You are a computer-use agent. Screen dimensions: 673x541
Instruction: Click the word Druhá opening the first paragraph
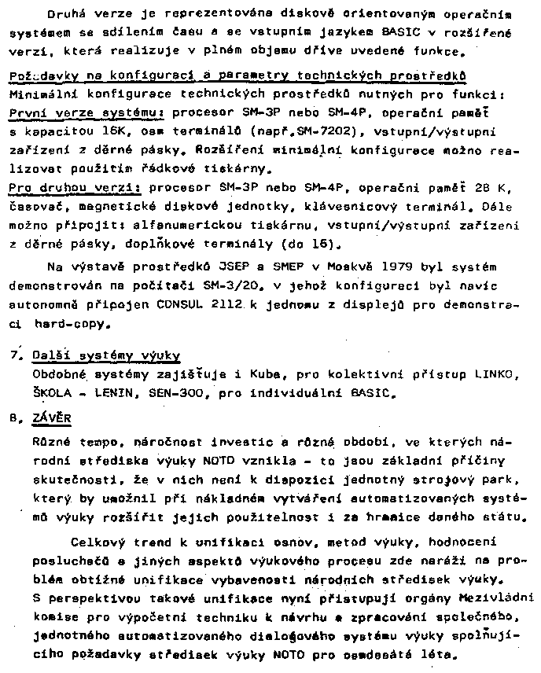(x=66, y=14)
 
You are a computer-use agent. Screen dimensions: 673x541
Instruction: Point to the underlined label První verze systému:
(x=86, y=113)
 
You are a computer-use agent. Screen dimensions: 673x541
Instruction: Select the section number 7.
(x=13, y=356)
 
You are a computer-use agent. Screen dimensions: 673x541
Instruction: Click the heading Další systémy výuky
(x=106, y=356)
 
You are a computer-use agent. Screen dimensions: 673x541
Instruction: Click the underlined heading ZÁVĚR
(x=49, y=420)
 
